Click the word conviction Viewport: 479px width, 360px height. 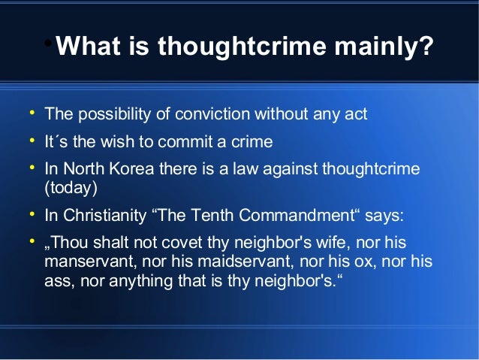(x=213, y=115)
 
